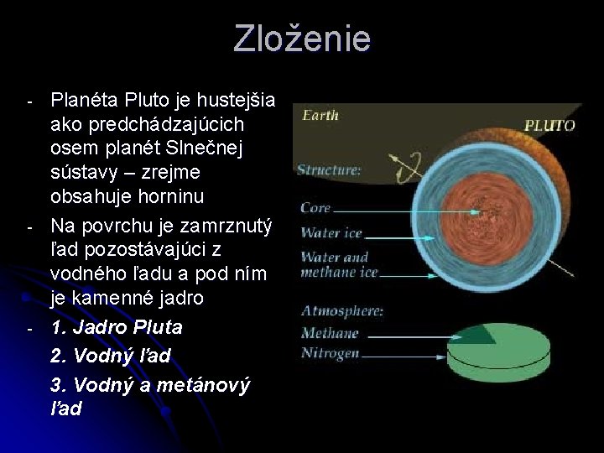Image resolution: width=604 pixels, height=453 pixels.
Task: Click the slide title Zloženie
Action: [302, 39]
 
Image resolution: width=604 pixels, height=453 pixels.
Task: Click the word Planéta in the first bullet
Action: [85, 102]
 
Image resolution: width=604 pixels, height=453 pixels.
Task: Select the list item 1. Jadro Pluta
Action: [116, 327]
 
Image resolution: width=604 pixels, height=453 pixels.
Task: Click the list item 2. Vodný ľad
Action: [110, 356]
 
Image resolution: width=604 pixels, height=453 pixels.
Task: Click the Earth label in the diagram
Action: [320, 116]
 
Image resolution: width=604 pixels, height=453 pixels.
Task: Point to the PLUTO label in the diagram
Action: [549, 126]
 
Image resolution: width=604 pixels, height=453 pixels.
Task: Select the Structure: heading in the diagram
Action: [329, 170]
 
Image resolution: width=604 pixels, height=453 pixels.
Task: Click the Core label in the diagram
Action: [315, 207]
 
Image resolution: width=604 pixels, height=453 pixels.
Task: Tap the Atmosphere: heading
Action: [342, 311]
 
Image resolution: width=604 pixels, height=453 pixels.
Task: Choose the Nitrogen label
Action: [330, 353]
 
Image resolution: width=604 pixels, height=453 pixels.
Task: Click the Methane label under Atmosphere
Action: [329, 333]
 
